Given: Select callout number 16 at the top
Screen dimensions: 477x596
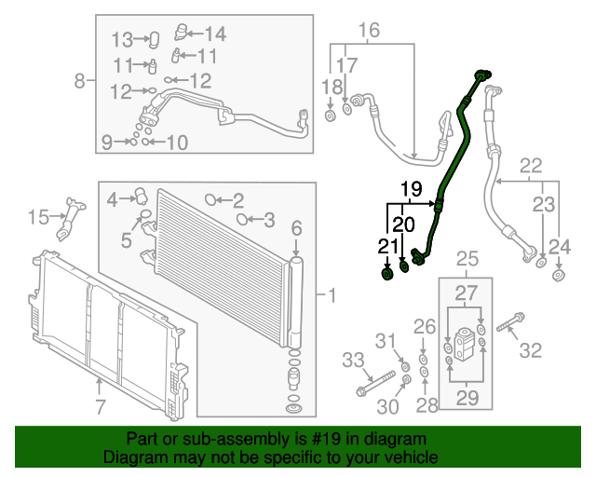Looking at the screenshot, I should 370,32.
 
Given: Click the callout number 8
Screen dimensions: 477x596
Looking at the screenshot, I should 79,80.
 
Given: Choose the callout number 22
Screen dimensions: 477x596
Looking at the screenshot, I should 530,167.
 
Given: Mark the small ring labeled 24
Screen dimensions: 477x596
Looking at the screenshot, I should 558,276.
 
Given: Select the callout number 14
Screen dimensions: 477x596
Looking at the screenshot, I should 215,34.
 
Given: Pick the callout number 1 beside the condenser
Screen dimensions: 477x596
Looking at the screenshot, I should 330,296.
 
